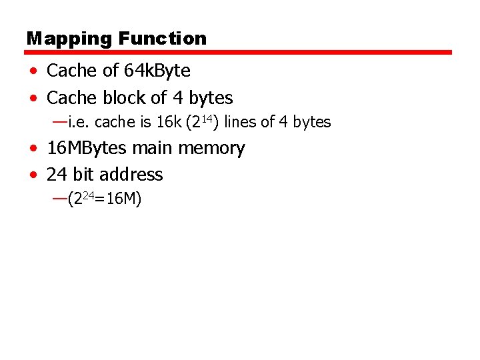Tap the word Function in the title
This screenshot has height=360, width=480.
pos(163,39)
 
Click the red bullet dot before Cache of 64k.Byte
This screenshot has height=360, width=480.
pos(33,71)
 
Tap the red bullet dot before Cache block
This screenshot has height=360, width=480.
pos(33,99)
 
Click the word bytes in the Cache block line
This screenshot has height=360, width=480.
pos(211,98)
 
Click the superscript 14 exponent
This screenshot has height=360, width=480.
pos(206,118)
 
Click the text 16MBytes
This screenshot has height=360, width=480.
pos(87,148)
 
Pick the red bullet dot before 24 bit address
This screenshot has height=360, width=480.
pos(33,175)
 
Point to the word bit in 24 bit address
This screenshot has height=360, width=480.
pos(83,175)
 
